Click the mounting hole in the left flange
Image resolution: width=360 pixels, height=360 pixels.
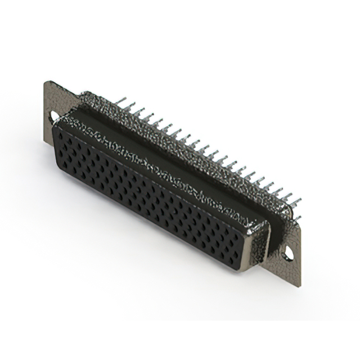pos(55,116)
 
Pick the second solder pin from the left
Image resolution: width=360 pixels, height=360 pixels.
pos(129,107)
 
